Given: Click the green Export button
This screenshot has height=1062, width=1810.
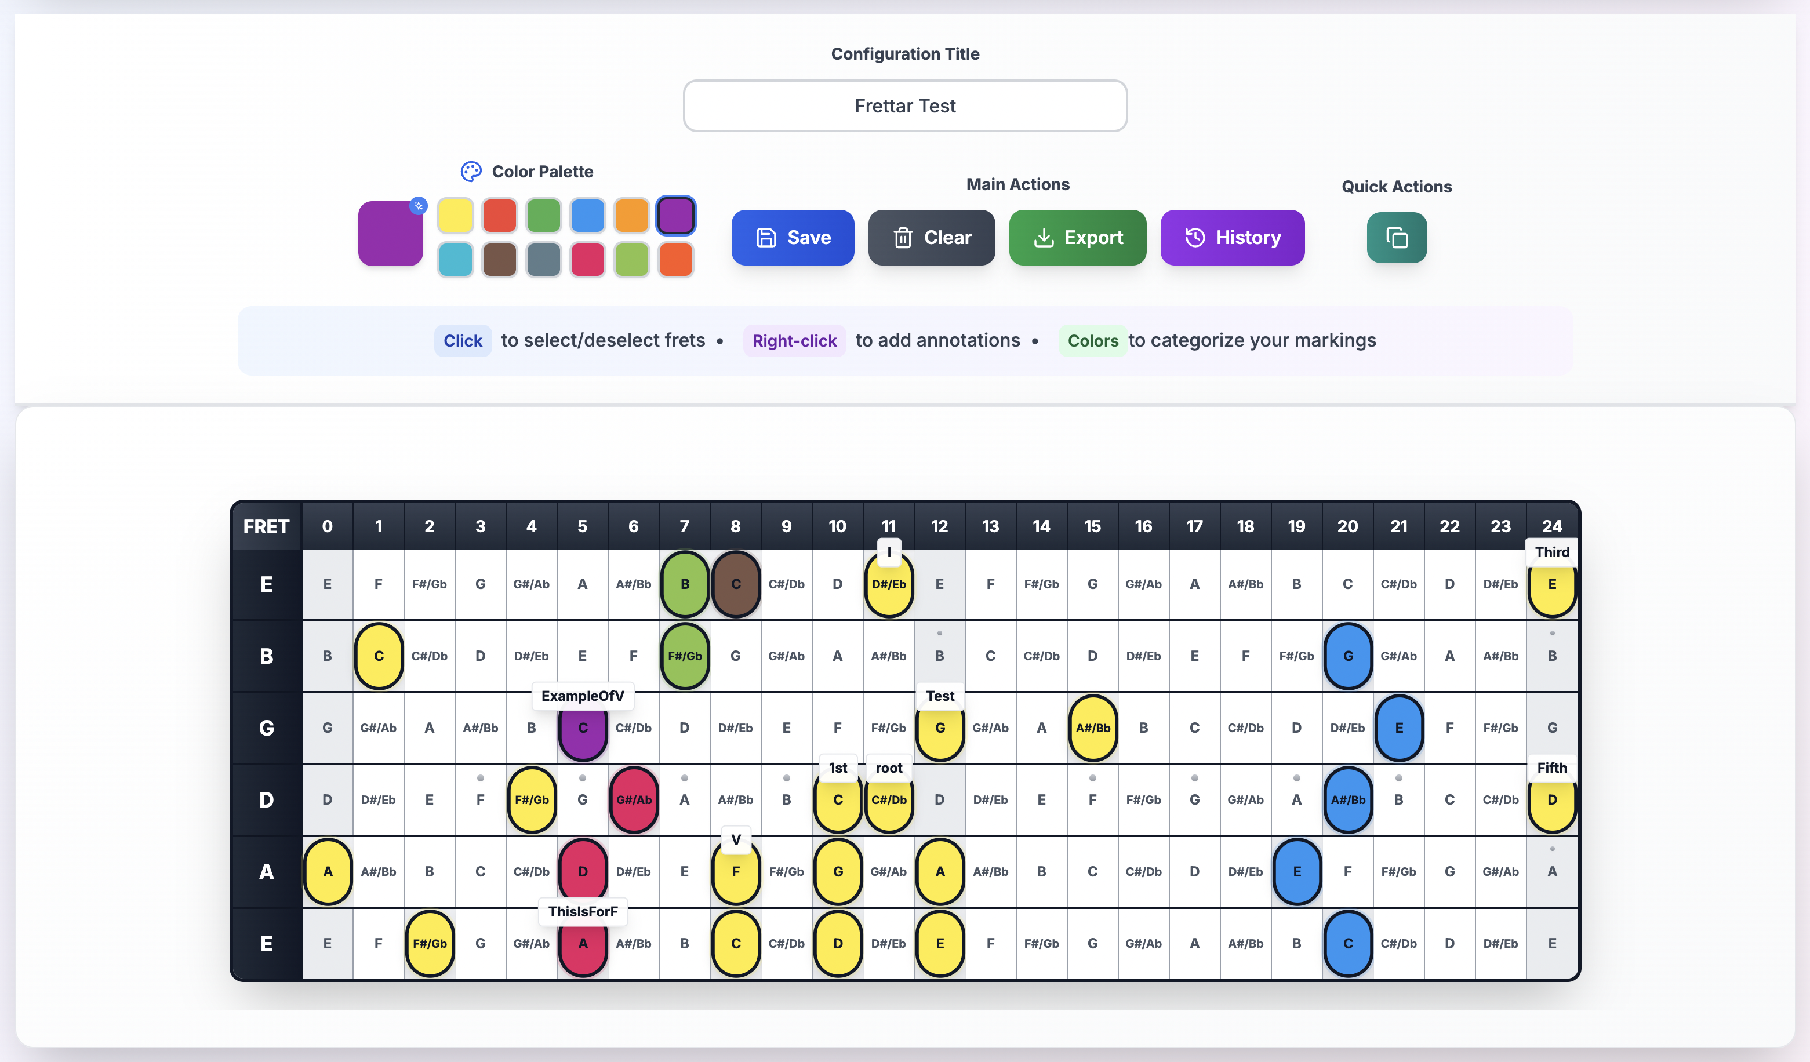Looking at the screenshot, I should click(1077, 238).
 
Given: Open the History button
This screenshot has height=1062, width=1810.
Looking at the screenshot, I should click(1232, 238).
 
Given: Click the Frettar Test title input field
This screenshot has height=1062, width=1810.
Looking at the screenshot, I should click(904, 106).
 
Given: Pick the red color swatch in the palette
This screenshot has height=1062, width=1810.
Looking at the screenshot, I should click(499, 216).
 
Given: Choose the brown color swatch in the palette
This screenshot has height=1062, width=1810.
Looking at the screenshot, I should click(499, 259).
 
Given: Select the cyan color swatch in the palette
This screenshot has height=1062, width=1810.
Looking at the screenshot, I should click(455, 259).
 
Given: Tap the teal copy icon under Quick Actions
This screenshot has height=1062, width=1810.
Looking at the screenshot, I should click(1395, 238).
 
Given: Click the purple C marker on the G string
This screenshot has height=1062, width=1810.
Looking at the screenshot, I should click(583, 728).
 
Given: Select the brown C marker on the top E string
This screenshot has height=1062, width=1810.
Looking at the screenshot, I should click(736, 584).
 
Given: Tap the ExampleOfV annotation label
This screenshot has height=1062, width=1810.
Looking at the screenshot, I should click(583, 696).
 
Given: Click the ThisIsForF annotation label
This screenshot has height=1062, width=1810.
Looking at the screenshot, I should click(583, 911).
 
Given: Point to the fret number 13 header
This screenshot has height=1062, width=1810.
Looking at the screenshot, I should click(990, 526).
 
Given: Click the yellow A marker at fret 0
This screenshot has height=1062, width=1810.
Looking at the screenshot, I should click(328, 871).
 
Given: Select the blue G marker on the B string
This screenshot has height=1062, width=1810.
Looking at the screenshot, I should click(1347, 656).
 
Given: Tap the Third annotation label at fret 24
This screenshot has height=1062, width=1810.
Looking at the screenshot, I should click(1551, 552).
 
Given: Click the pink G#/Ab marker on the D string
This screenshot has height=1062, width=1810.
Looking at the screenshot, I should click(634, 799).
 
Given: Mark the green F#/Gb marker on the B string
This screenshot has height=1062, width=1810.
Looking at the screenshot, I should click(685, 656).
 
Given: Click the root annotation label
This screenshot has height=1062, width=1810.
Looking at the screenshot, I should click(889, 768).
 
